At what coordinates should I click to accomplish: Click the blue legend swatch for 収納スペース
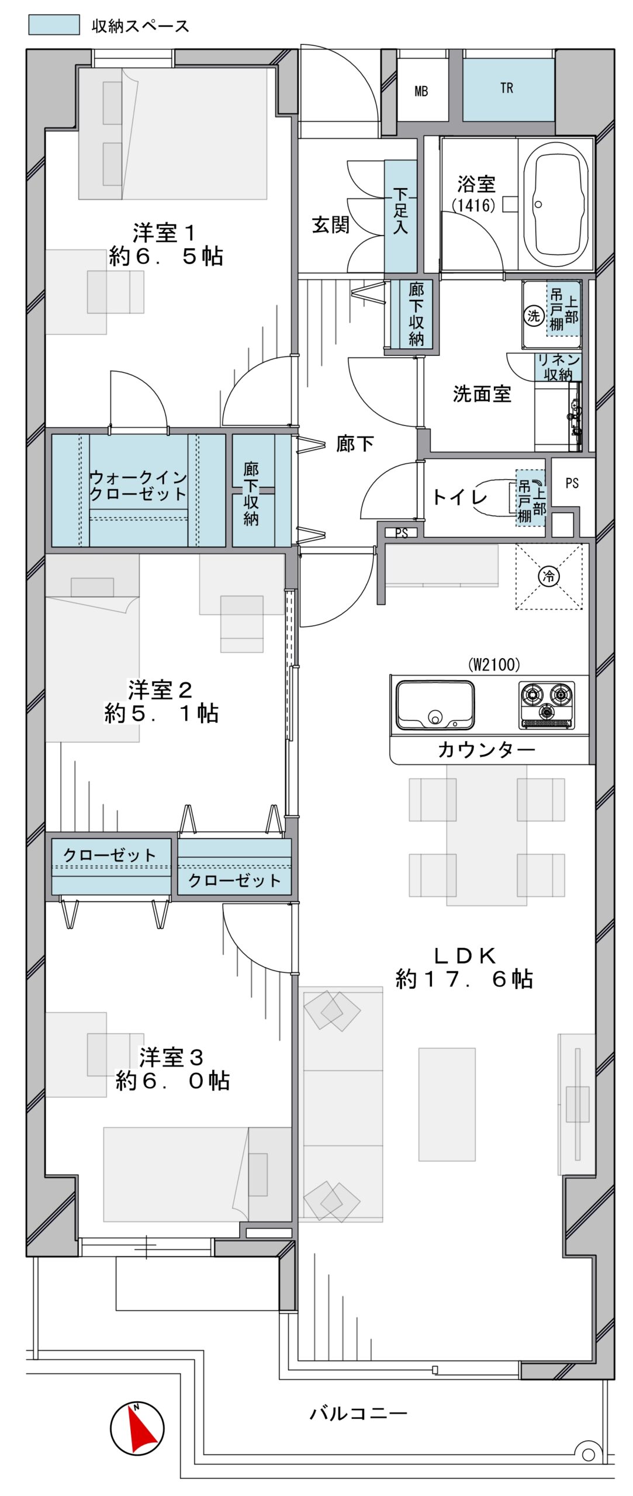[x=54, y=25]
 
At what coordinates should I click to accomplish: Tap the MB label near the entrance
[x=421, y=91]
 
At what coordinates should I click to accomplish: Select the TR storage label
[x=506, y=88]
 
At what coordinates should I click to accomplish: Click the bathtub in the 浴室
[x=555, y=204]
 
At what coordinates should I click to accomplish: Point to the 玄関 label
[x=331, y=224]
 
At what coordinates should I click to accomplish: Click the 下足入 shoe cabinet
[x=400, y=217]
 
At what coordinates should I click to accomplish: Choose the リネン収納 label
[x=558, y=367]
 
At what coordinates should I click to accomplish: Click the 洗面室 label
[x=482, y=394]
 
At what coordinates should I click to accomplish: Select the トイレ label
[x=459, y=497]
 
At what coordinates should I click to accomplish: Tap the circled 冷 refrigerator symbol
[x=549, y=576]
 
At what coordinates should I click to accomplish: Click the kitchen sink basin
[x=435, y=704]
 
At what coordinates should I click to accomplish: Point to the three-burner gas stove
[x=546, y=705]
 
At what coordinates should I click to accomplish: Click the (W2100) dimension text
[x=494, y=664]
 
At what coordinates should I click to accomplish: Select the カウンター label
[x=486, y=750]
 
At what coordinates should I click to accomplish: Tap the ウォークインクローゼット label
[x=138, y=485]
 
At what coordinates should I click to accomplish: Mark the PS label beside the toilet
[x=572, y=483]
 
